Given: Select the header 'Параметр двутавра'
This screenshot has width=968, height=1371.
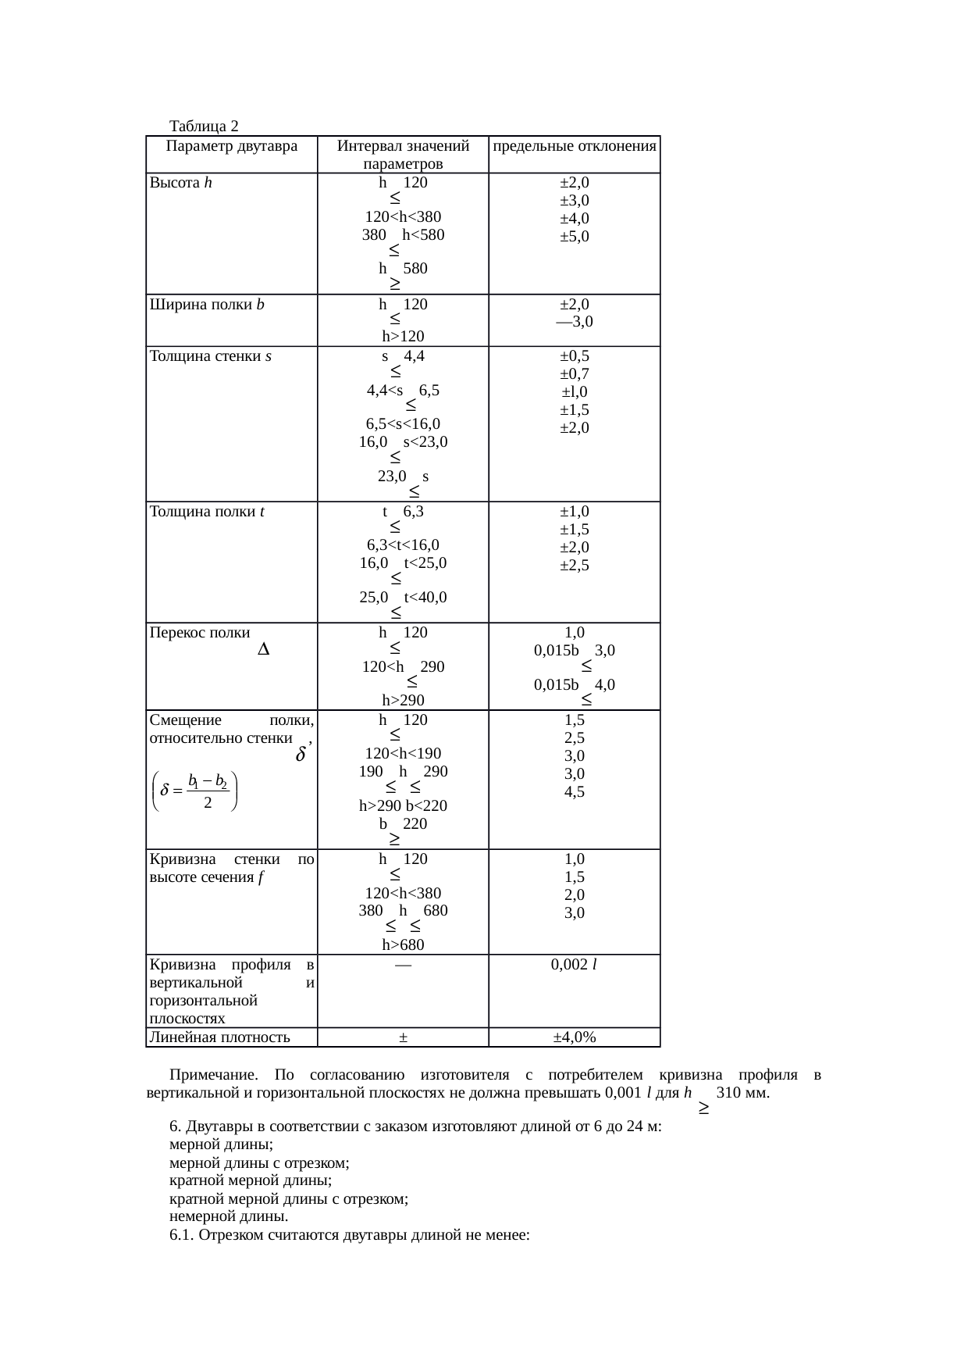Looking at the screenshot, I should (232, 146).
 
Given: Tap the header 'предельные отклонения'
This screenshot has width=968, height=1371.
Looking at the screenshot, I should (575, 146).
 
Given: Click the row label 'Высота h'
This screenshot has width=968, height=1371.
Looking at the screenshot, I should (180, 183).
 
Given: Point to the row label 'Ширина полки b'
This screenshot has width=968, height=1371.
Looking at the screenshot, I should (207, 305).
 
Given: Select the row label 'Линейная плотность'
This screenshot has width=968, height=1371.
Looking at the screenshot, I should (219, 1037).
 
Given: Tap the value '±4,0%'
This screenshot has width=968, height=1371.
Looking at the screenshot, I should (575, 1037).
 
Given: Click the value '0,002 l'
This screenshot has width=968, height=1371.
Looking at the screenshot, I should (575, 965).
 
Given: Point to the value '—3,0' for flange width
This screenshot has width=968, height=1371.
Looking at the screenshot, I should (575, 322).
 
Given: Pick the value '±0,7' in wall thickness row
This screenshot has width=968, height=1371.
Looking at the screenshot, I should (575, 374).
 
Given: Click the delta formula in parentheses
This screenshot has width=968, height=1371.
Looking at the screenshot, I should (197, 792).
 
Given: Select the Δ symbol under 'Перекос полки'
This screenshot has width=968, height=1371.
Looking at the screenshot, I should (263, 650).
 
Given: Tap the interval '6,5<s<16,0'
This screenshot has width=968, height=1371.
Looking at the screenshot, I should (403, 424).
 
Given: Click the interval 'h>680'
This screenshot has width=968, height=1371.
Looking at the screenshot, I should (403, 945).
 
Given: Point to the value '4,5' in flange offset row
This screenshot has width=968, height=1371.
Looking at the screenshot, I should (575, 792).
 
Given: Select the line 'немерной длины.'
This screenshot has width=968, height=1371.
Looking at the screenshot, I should (229, 1216).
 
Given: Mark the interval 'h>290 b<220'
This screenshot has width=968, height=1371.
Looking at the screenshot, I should (403, 805).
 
